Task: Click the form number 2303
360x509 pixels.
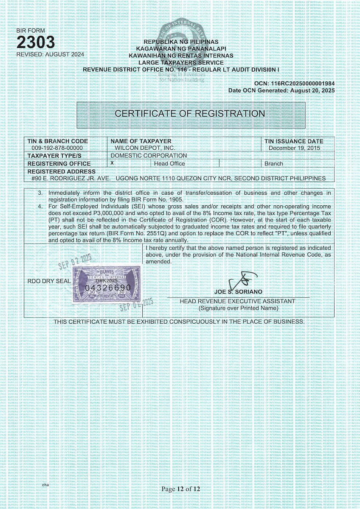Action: pyautogui.click(x=36, y=42)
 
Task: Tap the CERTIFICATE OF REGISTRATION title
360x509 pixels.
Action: pyautogui.click(x=190, y=114)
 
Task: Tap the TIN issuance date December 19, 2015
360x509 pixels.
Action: pyautogui.click(x=296, y=148)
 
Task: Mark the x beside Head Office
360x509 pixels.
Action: pyautogui.click(x=112, y=163)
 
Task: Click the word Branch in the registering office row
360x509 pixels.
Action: pyautogui.click(x=273, y=164)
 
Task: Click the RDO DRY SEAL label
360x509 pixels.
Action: pyautogui.click(x=43, y=281)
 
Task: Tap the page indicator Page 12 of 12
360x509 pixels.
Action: pyautogui.click(x=180, y=489)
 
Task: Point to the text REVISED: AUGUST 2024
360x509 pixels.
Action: pyautogui.click(x=50, y=54)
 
